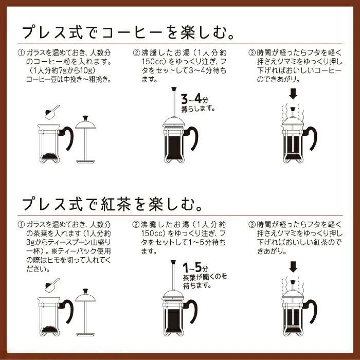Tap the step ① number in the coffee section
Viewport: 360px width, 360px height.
pos(21,53)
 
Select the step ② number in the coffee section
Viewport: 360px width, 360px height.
pos(137,53)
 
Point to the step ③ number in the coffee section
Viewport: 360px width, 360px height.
pos(251,53)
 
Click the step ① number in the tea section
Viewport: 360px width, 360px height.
pos(21,225)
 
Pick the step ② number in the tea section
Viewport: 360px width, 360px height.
pos(137,225)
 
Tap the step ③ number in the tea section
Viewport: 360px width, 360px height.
pos(251,225)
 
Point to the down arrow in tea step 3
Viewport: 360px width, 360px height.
pos(293,266)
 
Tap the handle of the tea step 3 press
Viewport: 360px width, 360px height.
pos(312,309)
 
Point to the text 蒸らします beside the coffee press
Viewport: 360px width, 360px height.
pos(198,109)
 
